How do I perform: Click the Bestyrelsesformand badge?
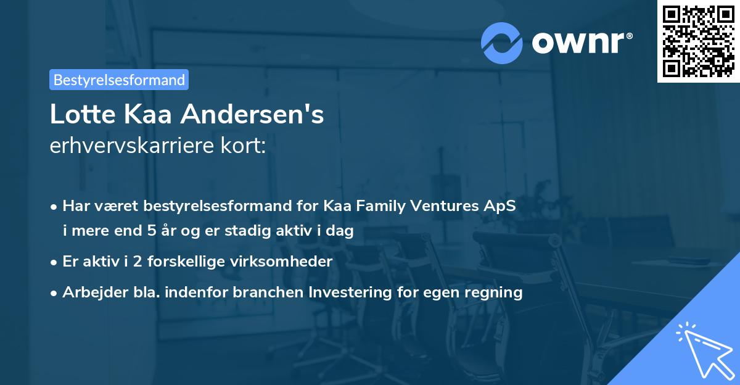coord(119,80)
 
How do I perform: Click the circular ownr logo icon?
coord(502,42)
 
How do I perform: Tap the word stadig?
coord(261,231)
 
